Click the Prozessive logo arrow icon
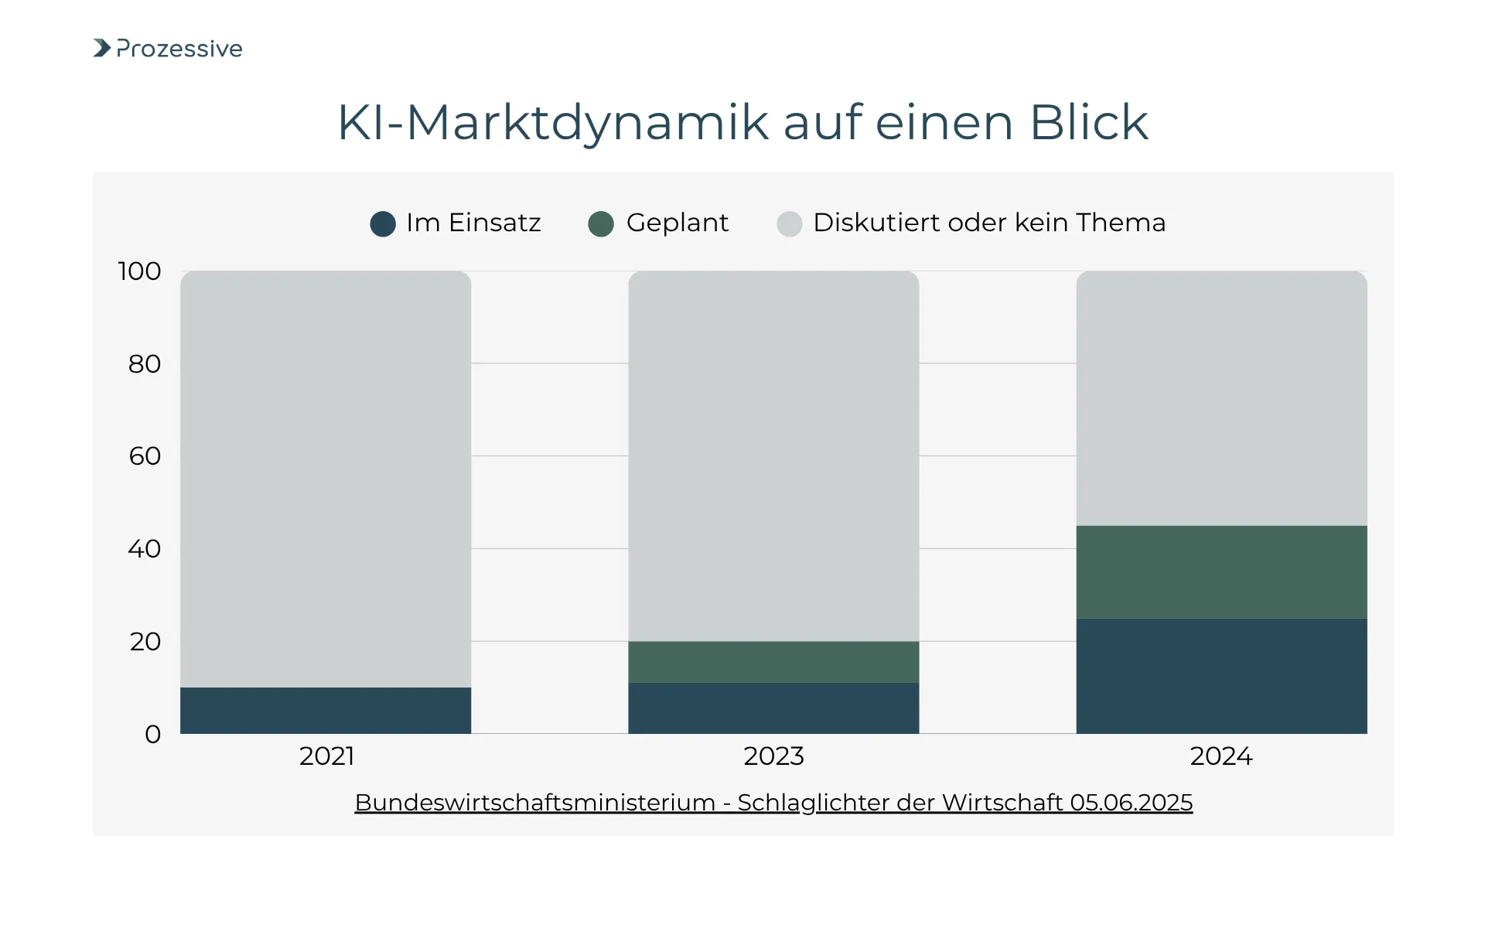click(102, 48)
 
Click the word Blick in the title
click(1089, 122)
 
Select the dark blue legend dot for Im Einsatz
click(383, 224)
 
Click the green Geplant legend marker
click(601, 224)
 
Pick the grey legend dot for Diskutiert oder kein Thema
click(790, 224)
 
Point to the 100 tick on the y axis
click(139, 271)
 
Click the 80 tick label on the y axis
click(145, 363)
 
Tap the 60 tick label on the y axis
click(145, 456)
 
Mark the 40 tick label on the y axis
click(145, 549)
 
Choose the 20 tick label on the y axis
click(145, 642)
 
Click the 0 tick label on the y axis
click(153, 734)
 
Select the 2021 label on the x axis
click(326, 756)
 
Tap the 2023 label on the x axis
click(773, 756)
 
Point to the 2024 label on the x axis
click(1221, 756)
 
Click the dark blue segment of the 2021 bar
click(326, 711)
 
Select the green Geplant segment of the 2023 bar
click(773, 662)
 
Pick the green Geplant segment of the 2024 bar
click(1221, 572)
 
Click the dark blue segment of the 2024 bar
click(1221, 676)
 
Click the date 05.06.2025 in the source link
click(1131, 803)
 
